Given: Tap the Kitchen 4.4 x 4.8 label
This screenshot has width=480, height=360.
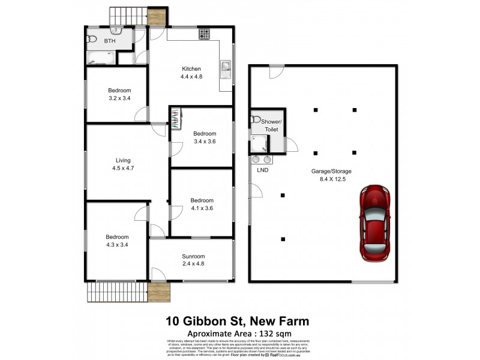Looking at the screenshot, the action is pyautogui.click(x=190, y=73).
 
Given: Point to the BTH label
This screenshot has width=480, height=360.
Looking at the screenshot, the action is pyautogui.click(x=109, y=41).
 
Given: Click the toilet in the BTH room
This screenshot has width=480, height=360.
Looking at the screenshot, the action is pyautogui.click(x=92, y=39).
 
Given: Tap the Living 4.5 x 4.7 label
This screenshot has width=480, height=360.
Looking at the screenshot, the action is pyautogui.click(x=123, y=164).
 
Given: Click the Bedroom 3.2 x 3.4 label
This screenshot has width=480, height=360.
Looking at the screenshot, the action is pyautogui.click(x=119, y=94).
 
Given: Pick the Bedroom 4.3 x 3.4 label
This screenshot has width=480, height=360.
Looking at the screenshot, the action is pyautogui.click(x=118, y=241).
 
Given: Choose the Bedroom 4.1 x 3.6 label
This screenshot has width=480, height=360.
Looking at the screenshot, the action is pyautogui.click(x=202, y=205).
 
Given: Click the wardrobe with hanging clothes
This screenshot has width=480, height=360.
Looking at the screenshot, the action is pyautogui.click(x=175, y=118).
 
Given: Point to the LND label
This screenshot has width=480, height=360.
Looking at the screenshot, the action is pyautogui.click(x=262, y=170).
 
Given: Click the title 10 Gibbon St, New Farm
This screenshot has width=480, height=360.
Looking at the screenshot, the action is pyautogui.click(x=238, y=321).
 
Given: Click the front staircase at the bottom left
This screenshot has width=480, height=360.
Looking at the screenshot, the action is pyautogui.click(x=117, y=292).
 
